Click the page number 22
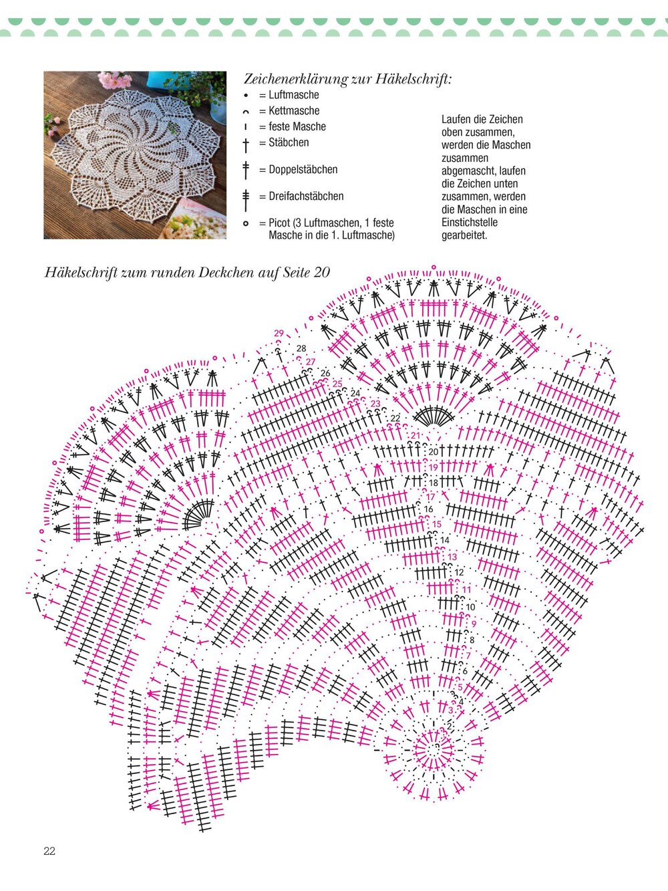click(x=49, y=851)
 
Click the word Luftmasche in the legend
click(x=294, y=95)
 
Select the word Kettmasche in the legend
click(x=294, y=111)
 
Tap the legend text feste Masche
click(x=297, y=126)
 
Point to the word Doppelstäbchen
click(x=303, y=170)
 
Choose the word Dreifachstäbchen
click(x=306, y=197)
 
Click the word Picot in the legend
click(x=280, y=223)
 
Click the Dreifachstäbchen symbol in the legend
click(x=246, y=197)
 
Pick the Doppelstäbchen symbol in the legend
click(x=246, y=170)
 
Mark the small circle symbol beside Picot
click(x=246, y=223)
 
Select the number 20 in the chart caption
click(x=322, y=273)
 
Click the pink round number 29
click(x=279, y=333)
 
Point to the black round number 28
click(x=301, y=348)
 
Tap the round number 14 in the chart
click(x=445, y=540)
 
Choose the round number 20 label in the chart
click(x=434, y=453)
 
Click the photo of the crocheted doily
click(x=135, y=155)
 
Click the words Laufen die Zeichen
click(x=482, y=120)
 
